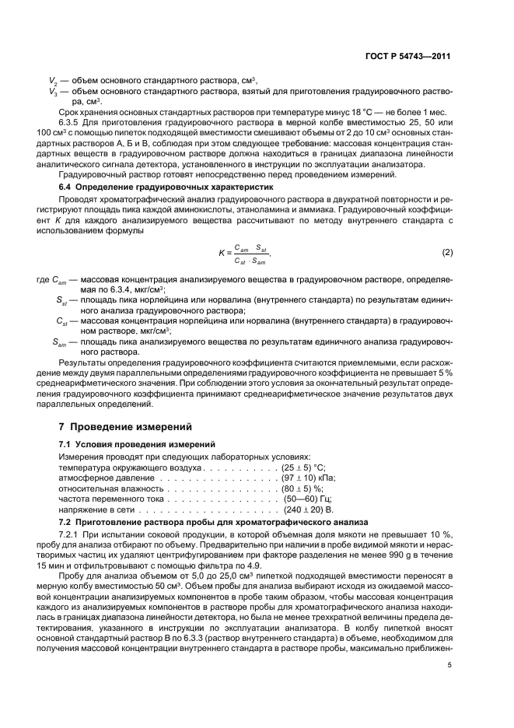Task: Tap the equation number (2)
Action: pyautogui.click(x=447, y=254)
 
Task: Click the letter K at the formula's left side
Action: pyautogui.click(x=221, y=254)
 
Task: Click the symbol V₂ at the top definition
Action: pyautogui.click(x=52, y=81)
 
